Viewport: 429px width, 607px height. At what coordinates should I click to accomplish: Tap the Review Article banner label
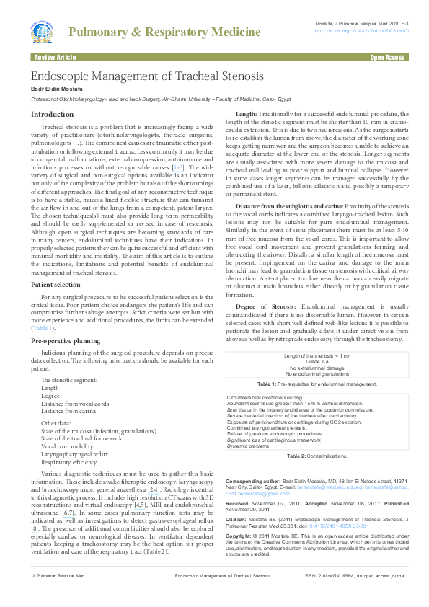coord(54,56)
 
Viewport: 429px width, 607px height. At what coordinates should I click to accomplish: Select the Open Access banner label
coord(387,56)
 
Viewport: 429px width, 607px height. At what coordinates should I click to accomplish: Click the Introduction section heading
coord(52,115)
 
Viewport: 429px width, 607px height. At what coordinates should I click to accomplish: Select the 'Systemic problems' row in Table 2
coord(248,446)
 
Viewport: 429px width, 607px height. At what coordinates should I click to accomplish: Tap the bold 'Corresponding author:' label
coord(252,480)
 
